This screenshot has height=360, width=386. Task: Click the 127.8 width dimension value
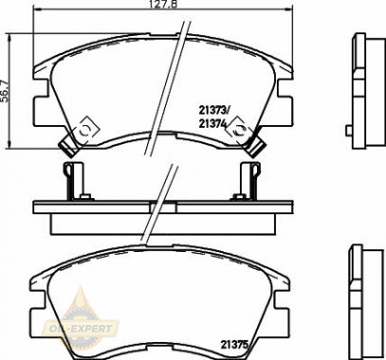coord(162,4)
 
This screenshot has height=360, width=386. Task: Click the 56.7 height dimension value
coord(6,91)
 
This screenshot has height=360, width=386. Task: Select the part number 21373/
coord(213,110)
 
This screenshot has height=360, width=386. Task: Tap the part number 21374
coord(212,123)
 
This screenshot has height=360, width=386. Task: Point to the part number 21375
coord(234,344)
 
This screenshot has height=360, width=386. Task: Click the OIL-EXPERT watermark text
coord(82,329)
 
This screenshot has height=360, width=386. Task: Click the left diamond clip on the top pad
coord(86,130)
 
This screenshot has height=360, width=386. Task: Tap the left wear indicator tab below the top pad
coord(68,147)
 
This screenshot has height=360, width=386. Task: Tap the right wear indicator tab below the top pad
coord(256,147)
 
